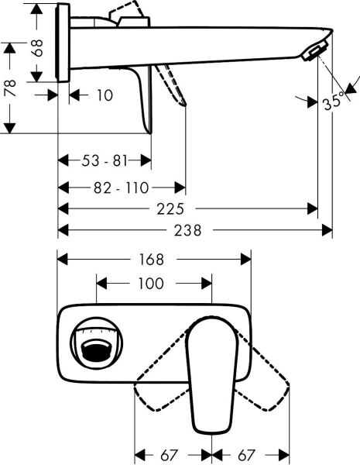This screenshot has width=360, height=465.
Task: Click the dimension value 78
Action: [10, 88]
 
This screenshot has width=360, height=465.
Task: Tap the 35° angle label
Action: [334, 102]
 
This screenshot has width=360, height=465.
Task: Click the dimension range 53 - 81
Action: [105, 160]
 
